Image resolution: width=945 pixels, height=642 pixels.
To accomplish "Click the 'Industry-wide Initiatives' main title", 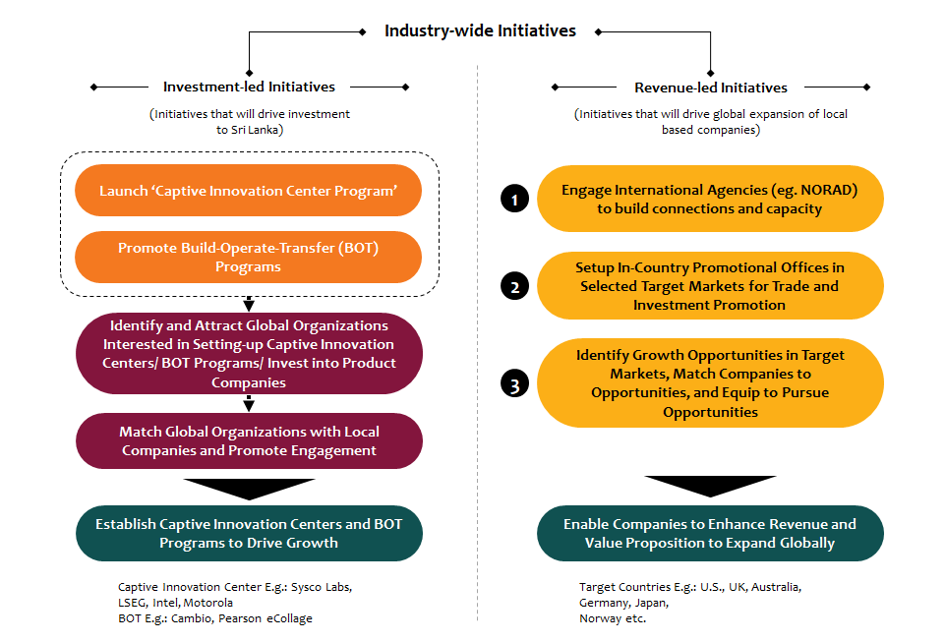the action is coord(480,30).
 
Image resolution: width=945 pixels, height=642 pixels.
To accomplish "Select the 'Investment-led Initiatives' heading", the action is coord(249,87).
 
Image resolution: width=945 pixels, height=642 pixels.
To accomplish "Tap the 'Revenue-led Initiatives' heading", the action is coord(711,88).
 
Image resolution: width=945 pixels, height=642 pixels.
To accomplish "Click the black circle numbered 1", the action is coord(514,199).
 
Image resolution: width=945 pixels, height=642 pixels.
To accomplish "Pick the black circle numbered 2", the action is coord(514,286).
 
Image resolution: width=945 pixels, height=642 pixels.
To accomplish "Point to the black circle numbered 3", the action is coord(514,384).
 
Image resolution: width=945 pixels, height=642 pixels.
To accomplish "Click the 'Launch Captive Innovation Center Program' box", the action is coord(249,191).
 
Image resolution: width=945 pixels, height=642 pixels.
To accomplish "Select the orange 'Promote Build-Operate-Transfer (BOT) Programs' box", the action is coord(249,258).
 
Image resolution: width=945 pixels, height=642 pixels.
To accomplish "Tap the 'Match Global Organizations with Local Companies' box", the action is coord(249,441).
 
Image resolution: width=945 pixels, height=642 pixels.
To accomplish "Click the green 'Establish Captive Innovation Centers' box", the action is coord(249,534).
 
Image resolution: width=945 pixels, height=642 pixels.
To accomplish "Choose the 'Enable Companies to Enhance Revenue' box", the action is coord(710,534).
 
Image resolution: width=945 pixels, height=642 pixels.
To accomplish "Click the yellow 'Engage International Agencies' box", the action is coord(710,199).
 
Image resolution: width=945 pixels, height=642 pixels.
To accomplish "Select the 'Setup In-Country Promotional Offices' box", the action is coord(710,286).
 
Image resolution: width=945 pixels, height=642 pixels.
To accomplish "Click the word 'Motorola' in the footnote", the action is coord(207,603).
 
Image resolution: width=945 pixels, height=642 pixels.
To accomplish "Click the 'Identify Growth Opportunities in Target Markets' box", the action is coord(710,383).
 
